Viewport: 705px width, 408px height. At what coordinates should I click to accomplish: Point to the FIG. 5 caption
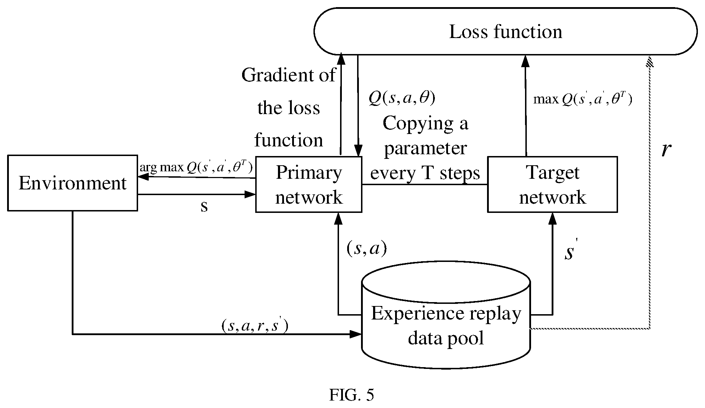pos(351,395)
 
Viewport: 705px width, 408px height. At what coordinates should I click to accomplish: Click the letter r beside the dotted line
pos(666,150)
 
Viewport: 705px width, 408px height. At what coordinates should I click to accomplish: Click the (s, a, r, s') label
pos(255,326)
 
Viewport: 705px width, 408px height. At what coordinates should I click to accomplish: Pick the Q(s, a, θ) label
pos(402,97)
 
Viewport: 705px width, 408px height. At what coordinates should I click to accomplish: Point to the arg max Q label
pos(196,167)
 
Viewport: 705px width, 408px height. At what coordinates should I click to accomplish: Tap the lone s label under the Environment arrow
pos(204,206)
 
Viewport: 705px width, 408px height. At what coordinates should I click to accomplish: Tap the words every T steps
pos(425,173)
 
